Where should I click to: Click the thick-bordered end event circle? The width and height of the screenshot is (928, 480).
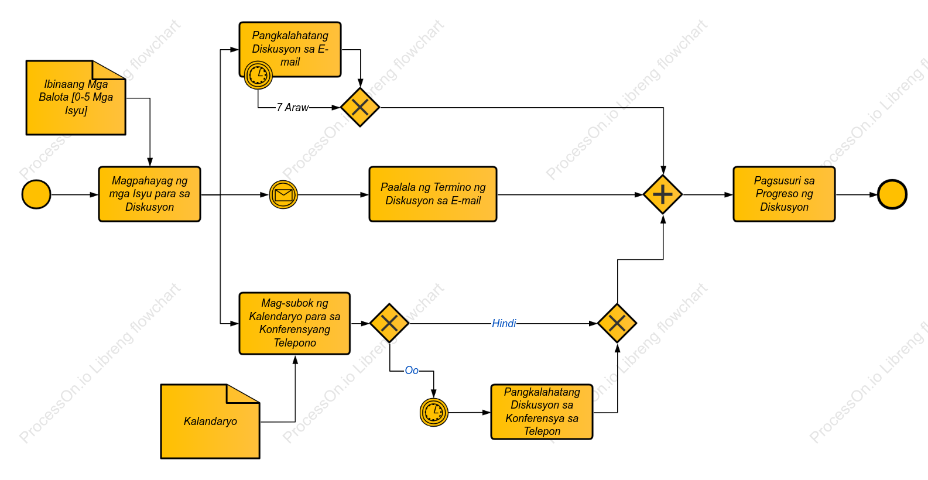point(892,194)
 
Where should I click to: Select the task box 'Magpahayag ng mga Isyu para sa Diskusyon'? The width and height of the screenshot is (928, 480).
point(149,194)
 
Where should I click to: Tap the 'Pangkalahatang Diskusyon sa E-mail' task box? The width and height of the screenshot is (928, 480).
point(290,49)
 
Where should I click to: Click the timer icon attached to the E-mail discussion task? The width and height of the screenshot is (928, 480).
point(258,75)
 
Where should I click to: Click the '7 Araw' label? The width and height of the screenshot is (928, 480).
point(293,108)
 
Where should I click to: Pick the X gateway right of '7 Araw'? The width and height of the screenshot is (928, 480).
point(360,107)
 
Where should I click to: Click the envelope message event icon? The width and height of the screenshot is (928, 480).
point(283,195)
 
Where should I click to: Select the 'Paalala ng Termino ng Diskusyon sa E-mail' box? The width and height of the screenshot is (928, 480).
point(433,194)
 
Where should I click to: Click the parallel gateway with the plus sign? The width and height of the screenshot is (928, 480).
point(663,194)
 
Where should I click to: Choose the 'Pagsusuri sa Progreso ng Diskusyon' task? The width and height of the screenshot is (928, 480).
point(784,194)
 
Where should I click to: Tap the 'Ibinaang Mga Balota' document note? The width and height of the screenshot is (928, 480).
point(76,98)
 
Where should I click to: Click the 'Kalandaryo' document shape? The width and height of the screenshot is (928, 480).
point(210,421)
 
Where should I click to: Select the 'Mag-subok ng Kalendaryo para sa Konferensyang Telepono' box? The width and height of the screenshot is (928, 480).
point(295,323)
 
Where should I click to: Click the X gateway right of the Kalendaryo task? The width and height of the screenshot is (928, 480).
point(389,323)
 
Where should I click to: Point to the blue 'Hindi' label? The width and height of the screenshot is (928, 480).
point(504,324)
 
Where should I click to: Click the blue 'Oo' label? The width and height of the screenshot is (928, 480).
point(412,371)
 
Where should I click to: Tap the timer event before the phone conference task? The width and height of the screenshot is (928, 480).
point(434,412)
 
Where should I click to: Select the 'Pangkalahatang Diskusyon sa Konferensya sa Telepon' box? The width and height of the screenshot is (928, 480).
point(542,412)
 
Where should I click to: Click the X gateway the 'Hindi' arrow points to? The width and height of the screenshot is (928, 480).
point(617,323)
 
